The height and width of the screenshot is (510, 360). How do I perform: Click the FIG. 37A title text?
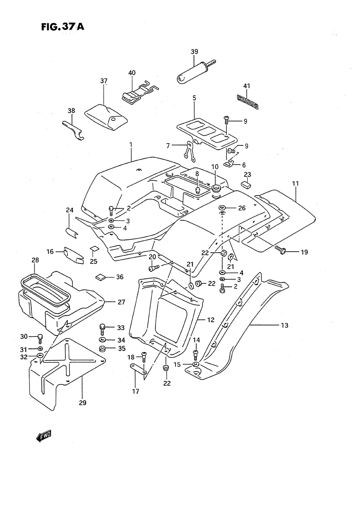(63, 27)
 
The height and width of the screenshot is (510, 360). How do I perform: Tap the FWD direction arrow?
(44, 436)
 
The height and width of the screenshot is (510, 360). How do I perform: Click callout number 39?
(194, 52)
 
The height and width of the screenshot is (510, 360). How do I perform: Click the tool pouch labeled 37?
(105, 117)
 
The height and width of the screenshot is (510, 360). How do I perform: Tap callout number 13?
(285, 325)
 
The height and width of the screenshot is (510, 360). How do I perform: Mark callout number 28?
(35, 260)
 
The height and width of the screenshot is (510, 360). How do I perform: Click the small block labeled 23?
(246, 185)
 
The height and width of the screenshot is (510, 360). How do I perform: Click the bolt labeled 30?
(40, 339)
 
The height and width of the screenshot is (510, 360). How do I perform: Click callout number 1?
(131, 145)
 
